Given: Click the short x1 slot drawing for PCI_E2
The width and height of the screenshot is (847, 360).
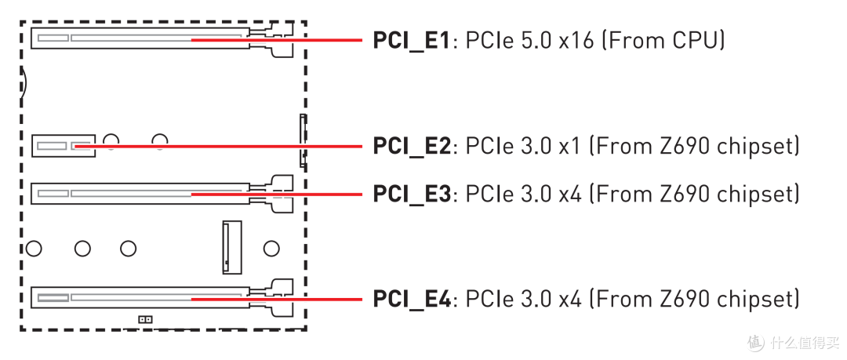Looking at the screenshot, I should pos(63,146).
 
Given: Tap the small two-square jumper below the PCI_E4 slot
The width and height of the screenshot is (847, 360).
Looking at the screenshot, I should pos(144,320).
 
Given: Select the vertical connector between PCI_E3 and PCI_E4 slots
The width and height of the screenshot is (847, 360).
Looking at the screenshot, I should pos(231,246).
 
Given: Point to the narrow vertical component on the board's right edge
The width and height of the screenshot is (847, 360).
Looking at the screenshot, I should pos(302,141).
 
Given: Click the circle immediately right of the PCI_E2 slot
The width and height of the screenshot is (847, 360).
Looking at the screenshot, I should pos(111,141).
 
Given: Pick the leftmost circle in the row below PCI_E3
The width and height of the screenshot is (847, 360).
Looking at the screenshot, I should pos(33,249).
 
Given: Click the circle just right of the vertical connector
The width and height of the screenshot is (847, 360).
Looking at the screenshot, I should pos(271,249).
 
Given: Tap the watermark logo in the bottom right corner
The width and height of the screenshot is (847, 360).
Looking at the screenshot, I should pos(754,343).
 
